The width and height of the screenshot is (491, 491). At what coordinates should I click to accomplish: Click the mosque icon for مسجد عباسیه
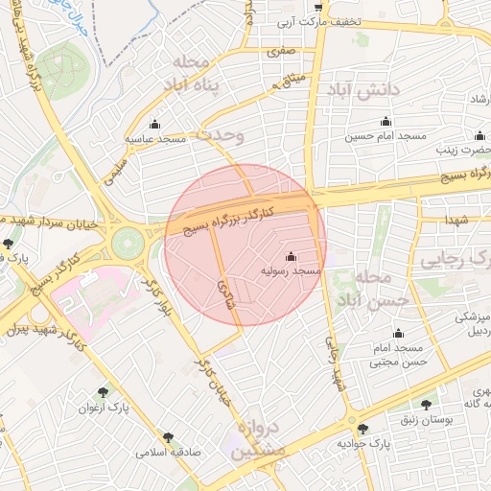pyautogui.click(x=155, y=124)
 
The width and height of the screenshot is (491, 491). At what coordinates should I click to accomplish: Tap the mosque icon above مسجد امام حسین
pyautogui.click(x=386, y=122)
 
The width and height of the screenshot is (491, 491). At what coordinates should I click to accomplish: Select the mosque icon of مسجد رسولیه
pyautogui.click(x=292, y=257)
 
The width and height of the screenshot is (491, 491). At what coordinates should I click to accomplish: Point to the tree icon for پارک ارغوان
pyautogui.click(x=104, y=391)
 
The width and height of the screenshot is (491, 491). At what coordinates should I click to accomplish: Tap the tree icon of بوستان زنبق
pyautogui.click(x=425, y=406)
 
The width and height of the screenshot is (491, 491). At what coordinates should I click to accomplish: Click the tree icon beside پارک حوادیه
pyautogui.click(x=362, y=429)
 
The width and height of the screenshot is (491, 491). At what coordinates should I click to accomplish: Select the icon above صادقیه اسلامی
pyautogui.click(x=169, y=436)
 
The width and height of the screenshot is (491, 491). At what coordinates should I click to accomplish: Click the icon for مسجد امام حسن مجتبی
pyautogui.click(x=398, y=333)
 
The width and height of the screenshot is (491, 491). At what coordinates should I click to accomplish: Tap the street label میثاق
pyautogui.click(x=291, y=80)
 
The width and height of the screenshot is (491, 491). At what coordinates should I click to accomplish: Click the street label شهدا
pyautogui.click(x=456, y=220)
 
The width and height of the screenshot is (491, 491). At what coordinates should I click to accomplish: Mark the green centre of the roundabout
pyautogui.click(x=127, y=244)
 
